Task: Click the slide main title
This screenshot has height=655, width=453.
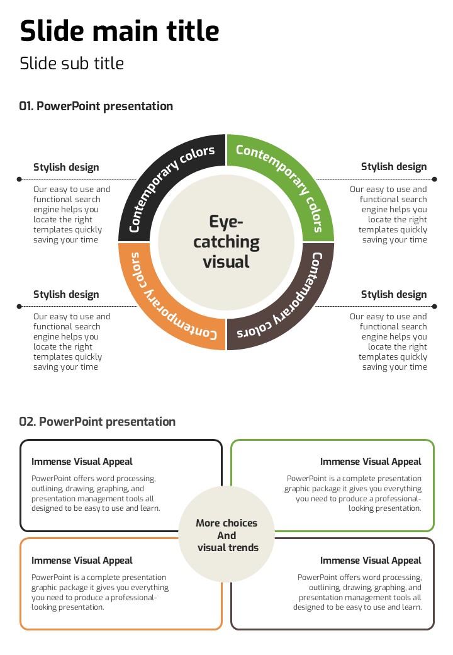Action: click(120, 30)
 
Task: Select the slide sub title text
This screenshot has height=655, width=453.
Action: click(72, 64)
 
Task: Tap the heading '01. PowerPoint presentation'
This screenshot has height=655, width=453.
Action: click(96, 106)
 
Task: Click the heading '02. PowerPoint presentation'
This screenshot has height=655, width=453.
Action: click(97, 422)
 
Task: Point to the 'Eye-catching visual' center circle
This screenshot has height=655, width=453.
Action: click(226, 242)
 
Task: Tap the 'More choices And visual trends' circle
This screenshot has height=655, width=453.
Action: click(226, 535)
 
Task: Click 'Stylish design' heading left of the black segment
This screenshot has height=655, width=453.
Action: click(66, 167)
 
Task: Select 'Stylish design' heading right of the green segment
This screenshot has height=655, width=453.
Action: click(394, 167)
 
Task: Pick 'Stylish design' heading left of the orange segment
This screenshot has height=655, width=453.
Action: click(66, 295)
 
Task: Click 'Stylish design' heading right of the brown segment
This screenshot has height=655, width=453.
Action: click(394, 295)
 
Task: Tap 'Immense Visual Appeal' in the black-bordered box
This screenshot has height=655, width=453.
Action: click(82, 462)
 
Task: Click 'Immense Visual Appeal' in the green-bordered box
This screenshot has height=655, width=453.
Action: click(371, 462)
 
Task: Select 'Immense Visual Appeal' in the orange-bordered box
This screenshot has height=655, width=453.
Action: click(82, 561)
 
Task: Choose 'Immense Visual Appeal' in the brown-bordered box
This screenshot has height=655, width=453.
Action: click(371, 561)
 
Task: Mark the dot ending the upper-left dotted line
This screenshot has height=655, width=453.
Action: click(20, 179)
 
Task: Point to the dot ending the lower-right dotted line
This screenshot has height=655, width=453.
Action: click(434, 307)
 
